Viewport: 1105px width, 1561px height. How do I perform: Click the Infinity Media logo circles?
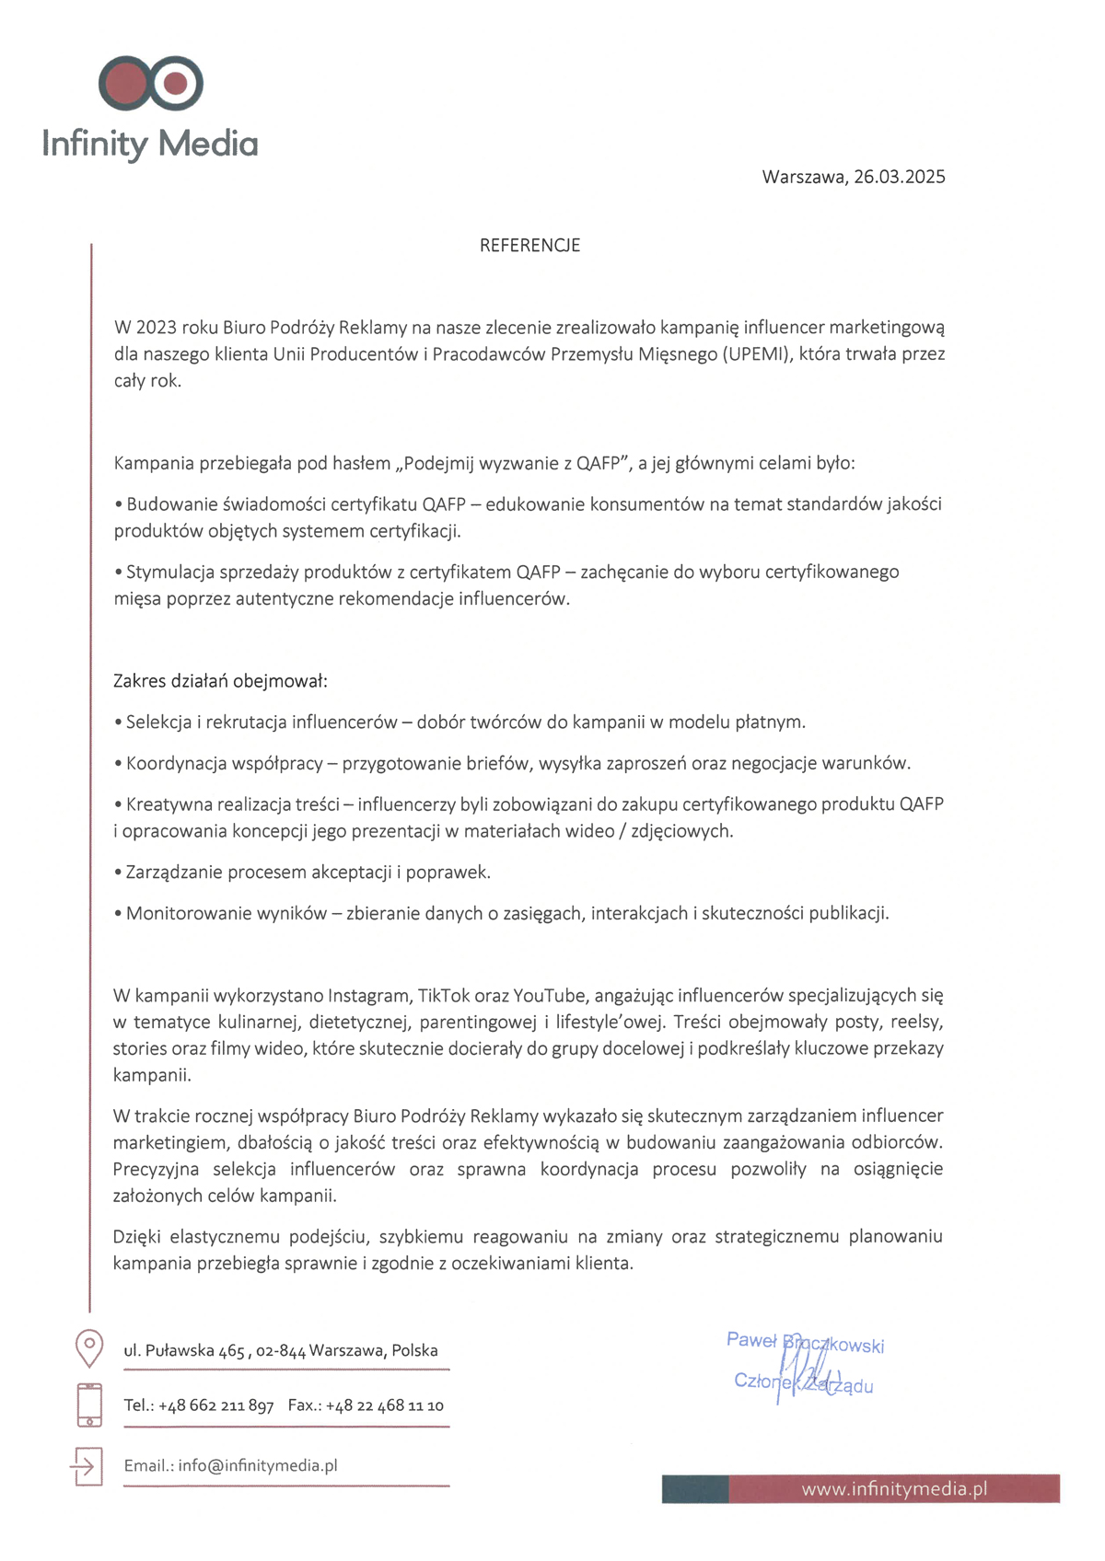[151, 84]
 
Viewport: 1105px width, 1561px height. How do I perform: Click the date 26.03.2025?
[899, 177]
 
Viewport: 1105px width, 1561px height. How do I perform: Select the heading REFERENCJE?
[529, 246]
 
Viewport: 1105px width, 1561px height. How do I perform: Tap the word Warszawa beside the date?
[803, 177]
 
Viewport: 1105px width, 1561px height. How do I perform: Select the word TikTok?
[444, 996]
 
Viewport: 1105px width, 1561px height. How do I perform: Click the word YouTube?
[549, 996]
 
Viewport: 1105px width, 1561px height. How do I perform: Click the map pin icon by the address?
[88, 1347]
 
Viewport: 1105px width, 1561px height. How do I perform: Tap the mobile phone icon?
[89, 1405]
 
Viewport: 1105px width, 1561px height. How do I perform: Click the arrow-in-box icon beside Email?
[87, 1465]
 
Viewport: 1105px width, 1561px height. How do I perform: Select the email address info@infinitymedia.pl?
[258, 1465]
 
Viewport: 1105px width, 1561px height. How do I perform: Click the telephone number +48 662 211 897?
[216, 1405]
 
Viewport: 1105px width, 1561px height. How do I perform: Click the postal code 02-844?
[281, 1351]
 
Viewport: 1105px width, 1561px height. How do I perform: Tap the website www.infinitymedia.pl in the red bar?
[894, 1489]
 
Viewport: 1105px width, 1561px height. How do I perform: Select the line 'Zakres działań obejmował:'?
[220, 681]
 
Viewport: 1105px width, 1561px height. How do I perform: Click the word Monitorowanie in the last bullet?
[180, 914]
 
